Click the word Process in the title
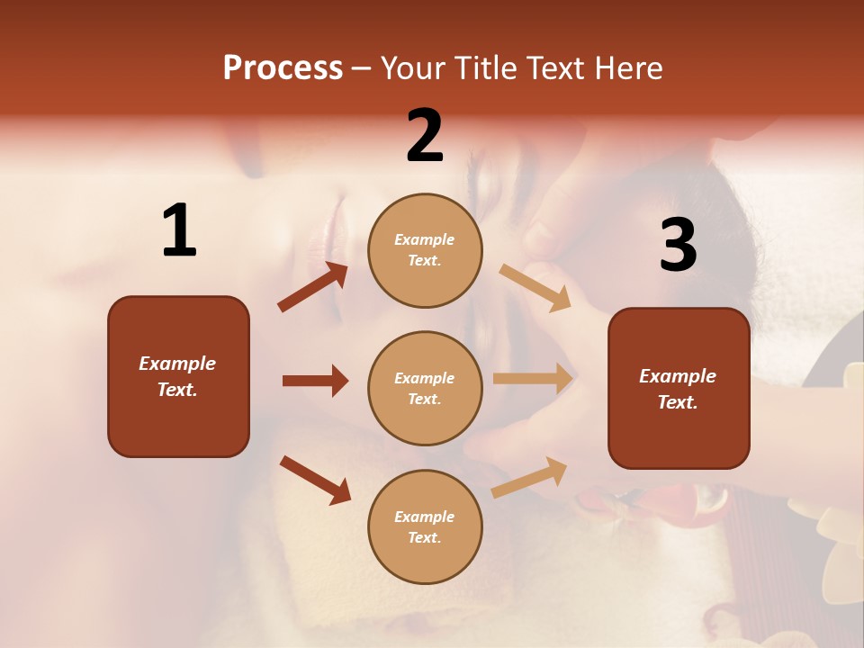click(x=283, y=67)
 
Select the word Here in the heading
click(x=625, y=67)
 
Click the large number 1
click(x=179, y=231)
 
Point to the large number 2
click(x=425, y=136)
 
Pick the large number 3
click(x=678, y=246)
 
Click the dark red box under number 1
click(x=178, y=376)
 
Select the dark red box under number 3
click(x=679, y=389)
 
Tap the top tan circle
click(x=425, y=250)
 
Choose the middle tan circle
click(x=425, y=389)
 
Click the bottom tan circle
click(x=425, y=526)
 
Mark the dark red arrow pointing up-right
click(x=313, y=287)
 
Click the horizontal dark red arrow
click(x=315, y=381)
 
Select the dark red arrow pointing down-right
click(x=315, y=480)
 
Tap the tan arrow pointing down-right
click(x=535, y=287)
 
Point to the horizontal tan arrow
click(x=533, y=379)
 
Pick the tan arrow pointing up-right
click(x=530, y=477)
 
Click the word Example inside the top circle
click(x=424, y=239)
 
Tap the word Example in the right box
click(x=678, y=376)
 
